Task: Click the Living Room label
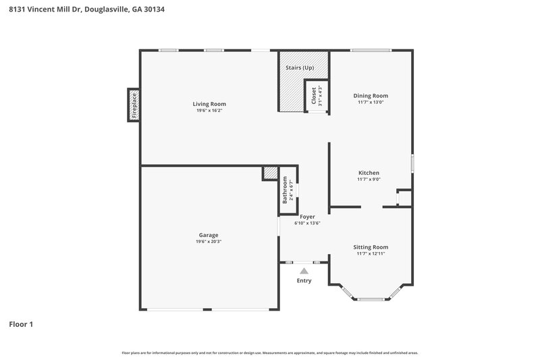(209, 104)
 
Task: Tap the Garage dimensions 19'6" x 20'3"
(209, 241)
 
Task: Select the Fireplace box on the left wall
(134, 105)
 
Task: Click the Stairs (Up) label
(299, 68)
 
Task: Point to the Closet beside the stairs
(314, 97)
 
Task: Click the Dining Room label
(371, 96)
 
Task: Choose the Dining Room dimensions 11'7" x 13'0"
(371, 102)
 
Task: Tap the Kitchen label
(369, 173)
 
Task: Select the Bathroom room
(288, 191)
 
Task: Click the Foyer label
(307, 217)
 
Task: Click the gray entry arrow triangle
(304, 271)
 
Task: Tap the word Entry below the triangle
(304, 280)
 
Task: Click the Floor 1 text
(20, 324)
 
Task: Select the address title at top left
(86, 9)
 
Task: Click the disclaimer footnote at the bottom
(269, 353)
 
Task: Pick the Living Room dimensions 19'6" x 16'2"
(209, 110)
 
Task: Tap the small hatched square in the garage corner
(270, 174)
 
